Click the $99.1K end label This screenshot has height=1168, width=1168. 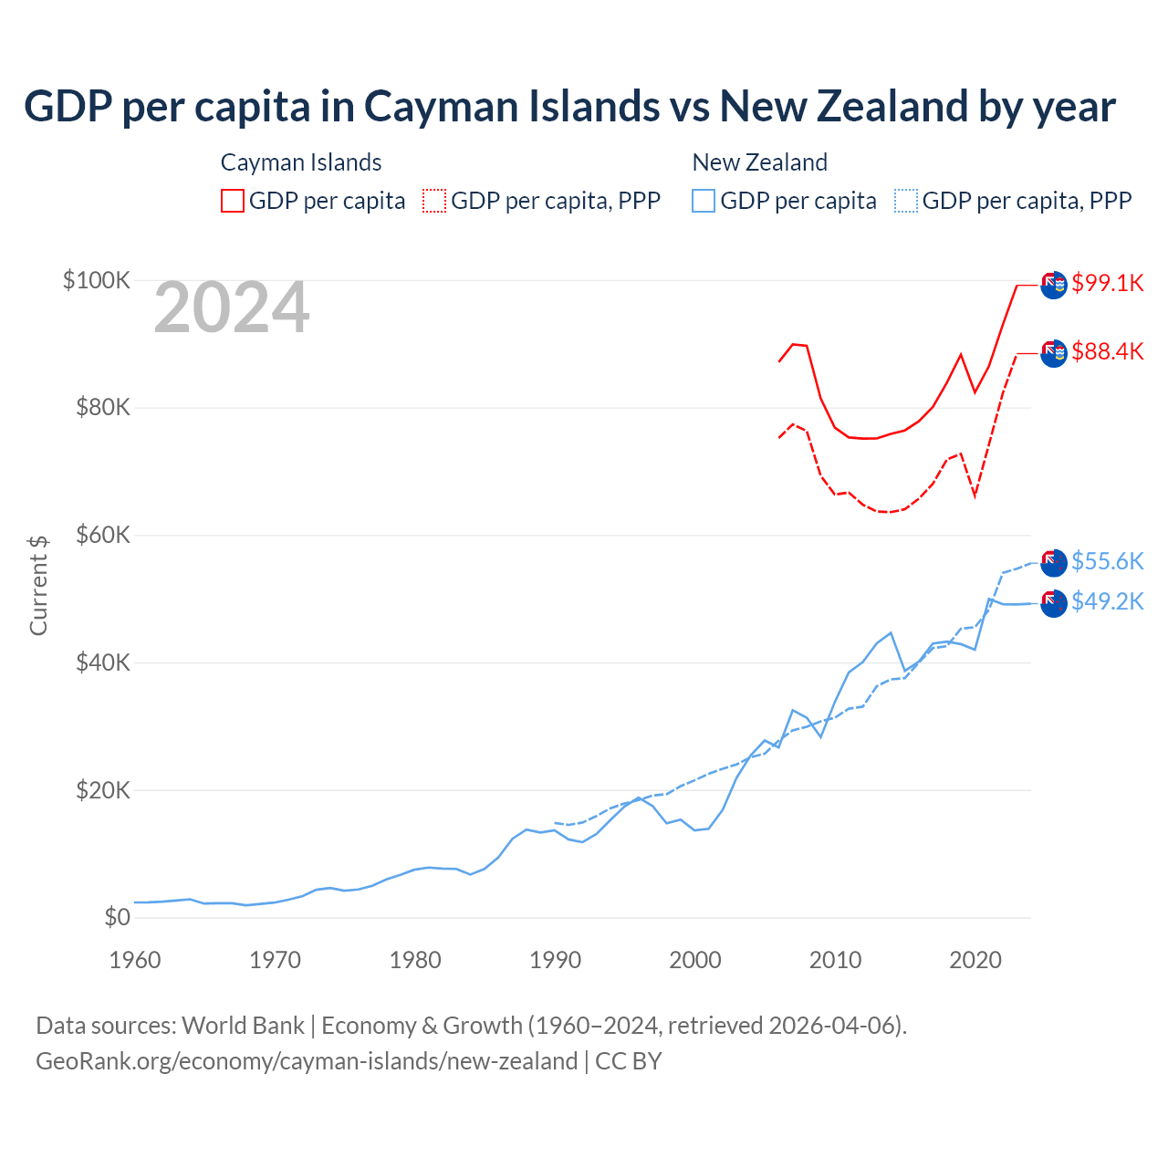[1107, 283]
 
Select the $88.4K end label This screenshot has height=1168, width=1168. [1107, 351]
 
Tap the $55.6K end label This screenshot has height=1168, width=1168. [1107, 561]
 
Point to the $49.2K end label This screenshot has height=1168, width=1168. [1107, 601]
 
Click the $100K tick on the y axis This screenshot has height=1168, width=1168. [97, 280]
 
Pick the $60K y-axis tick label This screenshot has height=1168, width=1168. [103, 535]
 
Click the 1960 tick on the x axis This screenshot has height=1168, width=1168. [135, 960]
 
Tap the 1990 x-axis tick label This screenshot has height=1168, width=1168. [555, 960]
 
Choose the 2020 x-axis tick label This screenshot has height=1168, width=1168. [975, 960]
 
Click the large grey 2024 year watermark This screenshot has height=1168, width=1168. [232, 308]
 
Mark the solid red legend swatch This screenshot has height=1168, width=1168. [233, 201]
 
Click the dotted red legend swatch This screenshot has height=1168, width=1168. [434, 201]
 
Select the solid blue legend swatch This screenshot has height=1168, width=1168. [704, 201]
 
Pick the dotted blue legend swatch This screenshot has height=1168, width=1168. [906, 201]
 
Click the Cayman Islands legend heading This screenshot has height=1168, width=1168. [301, 162]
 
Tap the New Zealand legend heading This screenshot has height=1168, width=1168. [760, 162]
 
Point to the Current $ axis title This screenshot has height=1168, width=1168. [38, 585]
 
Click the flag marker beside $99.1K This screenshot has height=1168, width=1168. [1054, 285]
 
